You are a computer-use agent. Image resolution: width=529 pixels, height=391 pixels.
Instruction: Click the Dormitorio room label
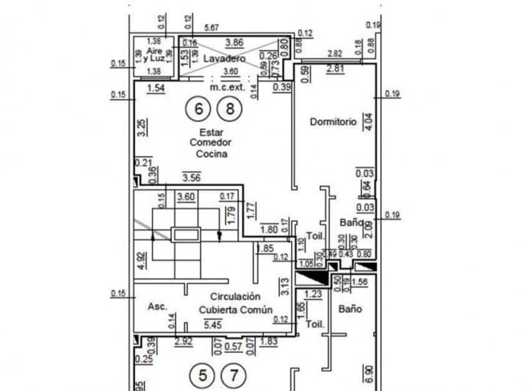point(333,121)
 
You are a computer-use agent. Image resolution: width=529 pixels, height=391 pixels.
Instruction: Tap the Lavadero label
point(223,57)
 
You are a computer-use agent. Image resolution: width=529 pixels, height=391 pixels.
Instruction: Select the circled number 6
point(197,110)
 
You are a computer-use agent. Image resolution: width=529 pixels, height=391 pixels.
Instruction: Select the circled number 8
point(229,110)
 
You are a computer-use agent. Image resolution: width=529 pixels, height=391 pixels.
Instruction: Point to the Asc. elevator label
point(158,306)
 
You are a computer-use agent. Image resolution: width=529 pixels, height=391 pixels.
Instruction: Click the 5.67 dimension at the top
point(212,29)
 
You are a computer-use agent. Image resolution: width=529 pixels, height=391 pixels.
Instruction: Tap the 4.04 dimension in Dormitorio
point(369,121)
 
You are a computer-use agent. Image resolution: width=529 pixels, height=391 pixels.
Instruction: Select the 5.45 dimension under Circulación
point(211,323)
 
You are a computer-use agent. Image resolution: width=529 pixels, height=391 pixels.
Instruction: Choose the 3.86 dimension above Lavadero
point(234,43)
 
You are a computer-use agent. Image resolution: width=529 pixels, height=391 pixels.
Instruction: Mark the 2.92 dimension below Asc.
point(183,342)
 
